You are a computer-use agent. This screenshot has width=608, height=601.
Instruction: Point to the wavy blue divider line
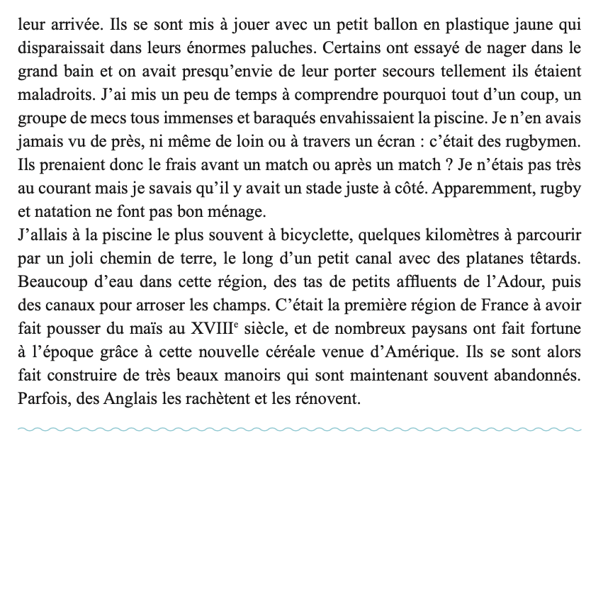299,429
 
